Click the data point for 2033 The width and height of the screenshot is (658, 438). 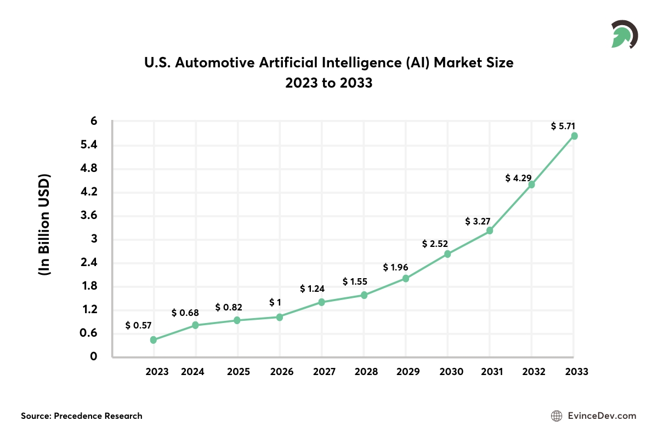click(574, 136)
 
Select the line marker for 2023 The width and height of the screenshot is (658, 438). click(154, 340)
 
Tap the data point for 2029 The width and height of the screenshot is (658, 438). click(406, 278)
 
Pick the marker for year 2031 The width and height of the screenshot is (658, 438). click(490, 230)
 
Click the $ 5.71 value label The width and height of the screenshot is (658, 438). click(564, 126)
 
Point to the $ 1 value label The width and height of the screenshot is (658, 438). click(276, 302)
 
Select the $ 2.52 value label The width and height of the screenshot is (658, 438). click(435, 244)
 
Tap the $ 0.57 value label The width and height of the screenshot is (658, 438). click(138, 325)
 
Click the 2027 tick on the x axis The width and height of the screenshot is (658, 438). click(324, 372)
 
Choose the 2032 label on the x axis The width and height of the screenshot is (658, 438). click(534, 372)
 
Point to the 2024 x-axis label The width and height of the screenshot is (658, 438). click(192, 372)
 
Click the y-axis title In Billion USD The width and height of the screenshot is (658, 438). click(44, 225)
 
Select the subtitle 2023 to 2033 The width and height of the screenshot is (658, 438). click(328, 84)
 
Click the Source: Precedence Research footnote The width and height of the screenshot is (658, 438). click(82, 416)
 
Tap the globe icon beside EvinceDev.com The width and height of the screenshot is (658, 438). click(556, 416)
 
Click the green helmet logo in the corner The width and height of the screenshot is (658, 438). click(623, 35)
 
